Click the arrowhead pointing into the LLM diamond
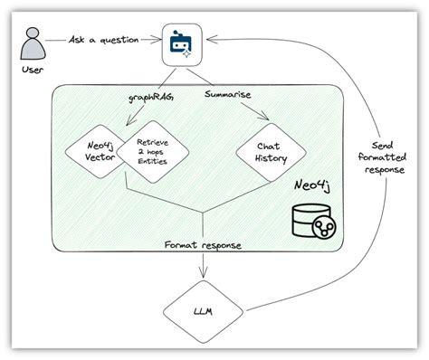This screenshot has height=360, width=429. point(208,279)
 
